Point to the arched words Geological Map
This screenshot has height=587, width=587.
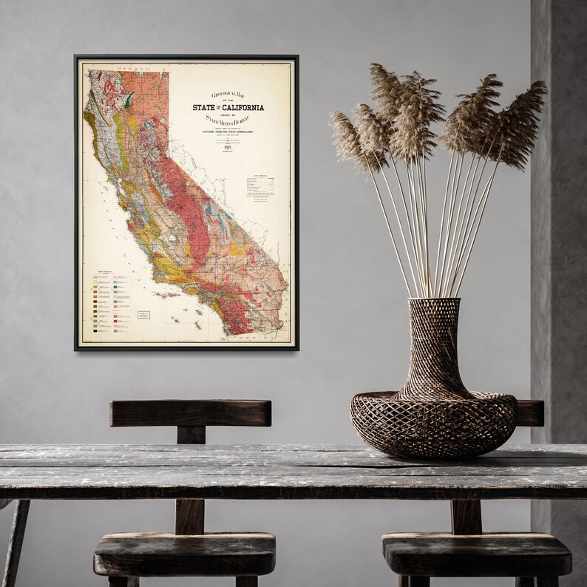point(227,95)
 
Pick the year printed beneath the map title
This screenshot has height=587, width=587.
point(228,146)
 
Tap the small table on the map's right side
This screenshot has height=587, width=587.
point(260,185)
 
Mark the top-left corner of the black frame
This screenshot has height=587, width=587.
point(75,56)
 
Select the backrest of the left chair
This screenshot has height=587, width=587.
point(190,413)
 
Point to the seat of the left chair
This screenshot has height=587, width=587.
point(185,551)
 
